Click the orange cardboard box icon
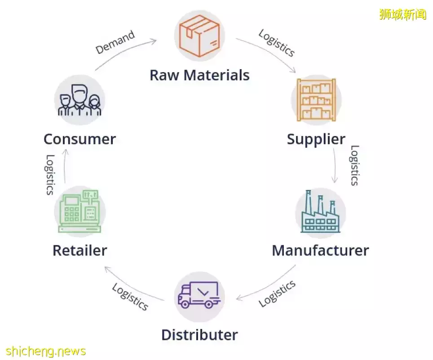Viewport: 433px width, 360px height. pos(199,35)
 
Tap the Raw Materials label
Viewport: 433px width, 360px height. pos(199,75)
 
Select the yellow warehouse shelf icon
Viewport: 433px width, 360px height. pos(316,99)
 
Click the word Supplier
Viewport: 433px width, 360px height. pos(316,139)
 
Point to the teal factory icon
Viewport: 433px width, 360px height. pos(320,213)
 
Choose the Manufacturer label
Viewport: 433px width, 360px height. pos(320,250)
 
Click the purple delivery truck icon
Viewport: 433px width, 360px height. pos(199,295)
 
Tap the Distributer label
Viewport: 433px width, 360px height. pos(199,335)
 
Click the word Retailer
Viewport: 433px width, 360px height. pos(80,250)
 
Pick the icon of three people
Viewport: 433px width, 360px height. pos(80,100)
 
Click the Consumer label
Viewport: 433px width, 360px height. pos(80,139)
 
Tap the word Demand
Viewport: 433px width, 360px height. pos(115,42)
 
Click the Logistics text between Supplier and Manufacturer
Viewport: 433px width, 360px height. pos(354,165)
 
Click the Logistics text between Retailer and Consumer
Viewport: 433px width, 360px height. pos(50,174)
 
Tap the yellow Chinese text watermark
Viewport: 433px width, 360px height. pos(402,14)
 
